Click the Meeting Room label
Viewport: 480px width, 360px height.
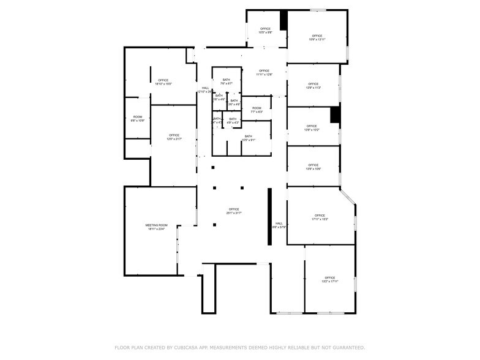tap(156, 227)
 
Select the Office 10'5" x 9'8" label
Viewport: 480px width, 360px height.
tap(265, 31)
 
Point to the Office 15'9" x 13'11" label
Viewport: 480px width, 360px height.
tap(317, 38)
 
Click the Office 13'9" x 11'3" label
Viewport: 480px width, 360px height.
tap(313, 86)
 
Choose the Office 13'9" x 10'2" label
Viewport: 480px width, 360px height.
tap(312, 128)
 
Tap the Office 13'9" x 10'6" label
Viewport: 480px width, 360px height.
tap(313, 167)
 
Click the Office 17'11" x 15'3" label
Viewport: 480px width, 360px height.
tap(320, 217)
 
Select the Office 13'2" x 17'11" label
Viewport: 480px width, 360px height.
tap(330, 279)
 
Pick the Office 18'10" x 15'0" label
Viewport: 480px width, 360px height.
tap(163, 82)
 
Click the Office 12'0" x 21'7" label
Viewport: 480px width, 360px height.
tap(174, 137)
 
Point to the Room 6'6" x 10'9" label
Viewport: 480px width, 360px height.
tap(138, 119)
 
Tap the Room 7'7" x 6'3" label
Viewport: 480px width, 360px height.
tap(257, 110)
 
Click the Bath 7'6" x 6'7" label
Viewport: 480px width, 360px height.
tap(227, 82)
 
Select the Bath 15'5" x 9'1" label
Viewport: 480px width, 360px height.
tap(248, 138)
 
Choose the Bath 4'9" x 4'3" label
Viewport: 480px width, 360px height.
tap(233, 121)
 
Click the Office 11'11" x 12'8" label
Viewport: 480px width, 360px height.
tap(264, 72)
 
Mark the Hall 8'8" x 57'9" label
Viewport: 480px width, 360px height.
tap(279, 225)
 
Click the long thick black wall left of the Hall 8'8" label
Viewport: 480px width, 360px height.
tap(269, 216)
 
